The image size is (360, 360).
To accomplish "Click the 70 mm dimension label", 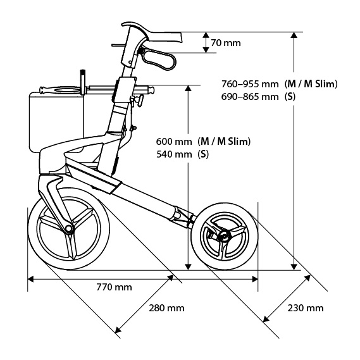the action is click(226, 43).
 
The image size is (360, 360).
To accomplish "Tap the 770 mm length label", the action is click(114, 287).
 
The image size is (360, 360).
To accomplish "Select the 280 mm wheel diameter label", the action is click(166, 308).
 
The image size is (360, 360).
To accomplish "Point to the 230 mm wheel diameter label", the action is click(306, 308).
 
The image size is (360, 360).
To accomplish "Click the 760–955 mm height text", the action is click(250, 84).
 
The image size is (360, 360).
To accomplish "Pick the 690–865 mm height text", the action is click(250, 97).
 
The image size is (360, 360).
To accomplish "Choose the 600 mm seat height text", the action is click(174, 142).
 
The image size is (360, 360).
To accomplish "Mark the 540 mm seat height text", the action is click(174, 154).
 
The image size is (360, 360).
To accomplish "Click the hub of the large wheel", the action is click(68, 228).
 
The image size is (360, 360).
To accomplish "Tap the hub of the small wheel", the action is click(223, 236).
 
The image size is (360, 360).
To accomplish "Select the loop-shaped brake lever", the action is click(159, 58).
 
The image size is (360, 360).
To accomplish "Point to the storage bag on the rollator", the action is click(56, 121).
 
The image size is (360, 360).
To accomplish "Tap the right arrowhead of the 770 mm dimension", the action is click(254, 279).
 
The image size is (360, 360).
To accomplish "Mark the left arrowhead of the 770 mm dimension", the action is click(31, 279).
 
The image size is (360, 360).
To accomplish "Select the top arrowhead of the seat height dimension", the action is click(188, 89).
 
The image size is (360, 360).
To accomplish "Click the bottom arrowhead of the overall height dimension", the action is click(294, 267).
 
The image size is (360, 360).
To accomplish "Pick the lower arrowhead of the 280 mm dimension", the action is click(118, 330).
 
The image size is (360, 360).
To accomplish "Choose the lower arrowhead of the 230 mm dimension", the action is click(266, 319).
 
